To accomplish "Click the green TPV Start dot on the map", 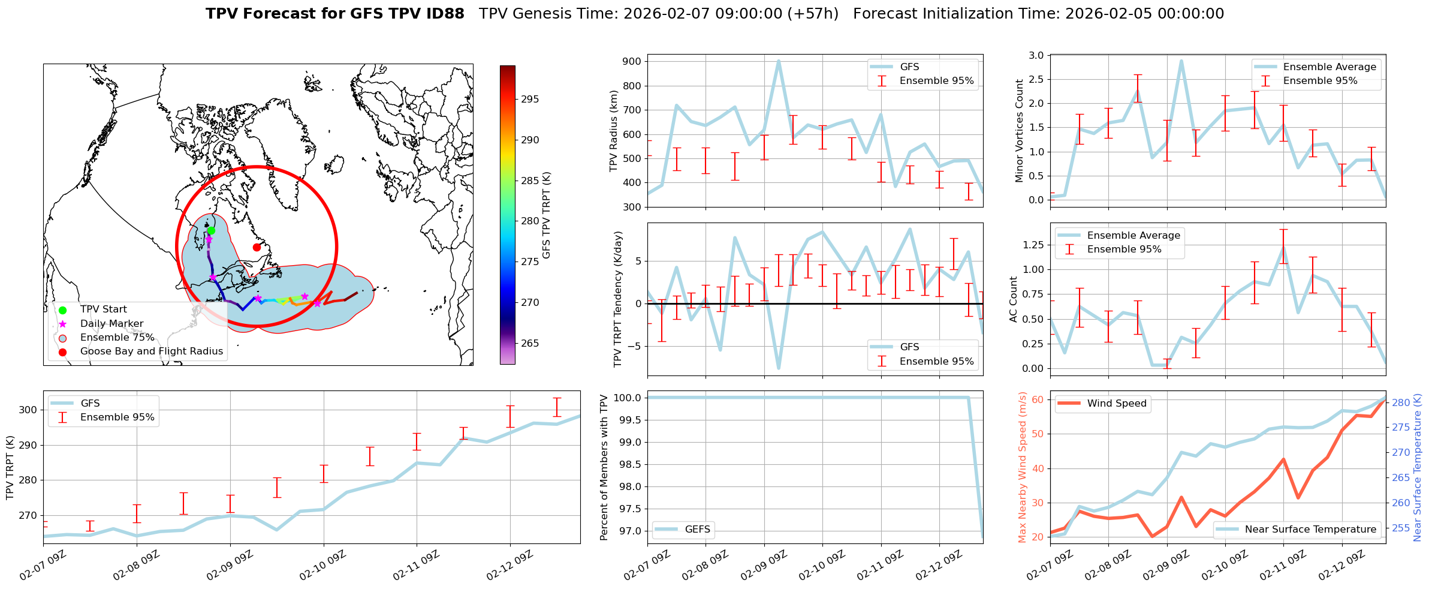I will point(211,231).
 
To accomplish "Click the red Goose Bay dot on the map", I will point(257,247).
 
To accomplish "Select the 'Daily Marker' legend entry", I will point(111,324).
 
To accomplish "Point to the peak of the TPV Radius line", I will point(779,61).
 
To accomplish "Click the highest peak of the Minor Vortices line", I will point(1181,61).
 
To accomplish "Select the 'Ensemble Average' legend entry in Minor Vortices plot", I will point(1329,67).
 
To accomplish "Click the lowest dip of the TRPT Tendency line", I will point(779,368).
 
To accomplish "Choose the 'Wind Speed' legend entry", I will point(1117,404).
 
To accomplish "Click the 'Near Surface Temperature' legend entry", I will point(1310,530).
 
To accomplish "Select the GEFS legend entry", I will point(697,530).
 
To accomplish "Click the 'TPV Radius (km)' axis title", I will point(613,131).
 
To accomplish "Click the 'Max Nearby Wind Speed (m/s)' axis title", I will point(1022,467).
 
